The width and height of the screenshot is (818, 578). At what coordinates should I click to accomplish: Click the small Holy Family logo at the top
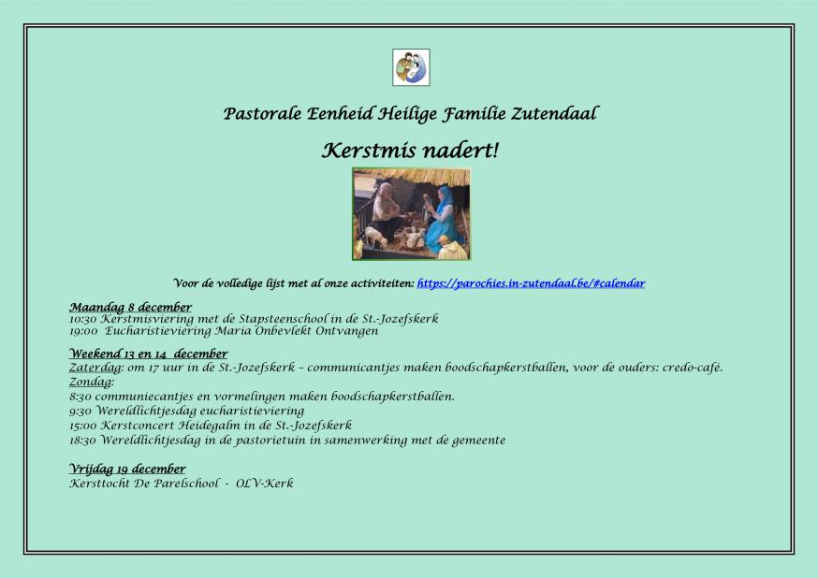(411, 67)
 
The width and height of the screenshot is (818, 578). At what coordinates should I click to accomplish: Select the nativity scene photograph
(411, 213)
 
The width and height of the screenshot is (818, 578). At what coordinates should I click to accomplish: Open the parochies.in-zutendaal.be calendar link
(531, 283)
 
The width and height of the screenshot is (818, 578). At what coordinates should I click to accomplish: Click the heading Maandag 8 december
(130, 307)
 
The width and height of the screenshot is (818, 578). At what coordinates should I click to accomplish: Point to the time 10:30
(83, 319)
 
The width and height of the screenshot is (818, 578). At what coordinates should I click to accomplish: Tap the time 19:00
(83, 331)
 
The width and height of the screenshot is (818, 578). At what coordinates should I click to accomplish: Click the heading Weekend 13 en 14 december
(149, 354)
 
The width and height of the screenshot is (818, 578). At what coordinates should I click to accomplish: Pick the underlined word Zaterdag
(95, 368)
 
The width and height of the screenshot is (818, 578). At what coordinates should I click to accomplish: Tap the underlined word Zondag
(91, 382)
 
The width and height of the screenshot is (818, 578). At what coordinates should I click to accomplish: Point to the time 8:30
(80, 397)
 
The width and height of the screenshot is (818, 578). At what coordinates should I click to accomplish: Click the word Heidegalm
(209, 426)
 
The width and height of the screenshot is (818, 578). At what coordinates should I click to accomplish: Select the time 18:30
(83, 441)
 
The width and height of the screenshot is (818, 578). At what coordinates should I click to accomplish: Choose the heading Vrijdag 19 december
(127, 470)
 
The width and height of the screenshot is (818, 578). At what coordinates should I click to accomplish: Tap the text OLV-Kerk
(265, 484)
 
